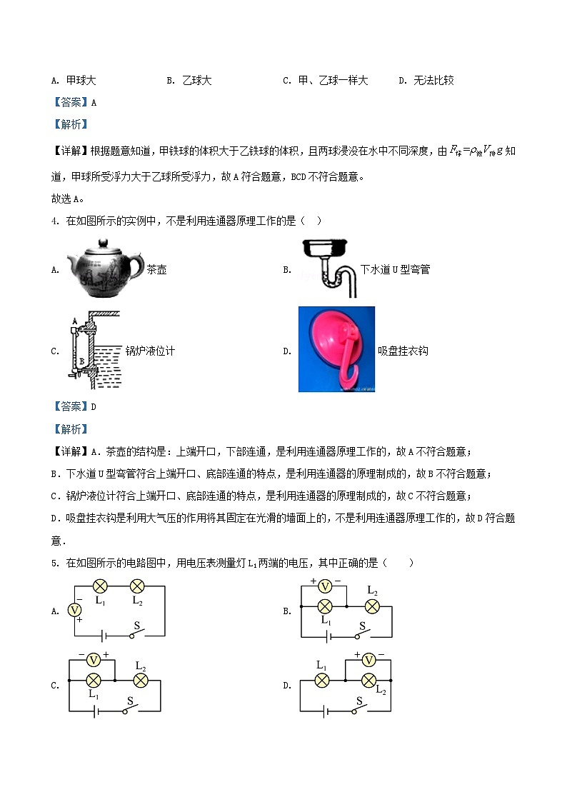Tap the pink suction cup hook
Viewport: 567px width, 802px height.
pos(336,349)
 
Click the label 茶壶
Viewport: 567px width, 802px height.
pos(156,271)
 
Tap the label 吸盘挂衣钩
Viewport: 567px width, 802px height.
pos(403,351)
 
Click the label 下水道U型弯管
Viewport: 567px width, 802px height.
pos(395,270)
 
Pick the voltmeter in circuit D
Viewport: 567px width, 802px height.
pos(368,659)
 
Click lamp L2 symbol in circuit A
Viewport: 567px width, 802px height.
pos(136,587)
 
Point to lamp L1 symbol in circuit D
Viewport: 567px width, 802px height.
pos(322,680)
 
